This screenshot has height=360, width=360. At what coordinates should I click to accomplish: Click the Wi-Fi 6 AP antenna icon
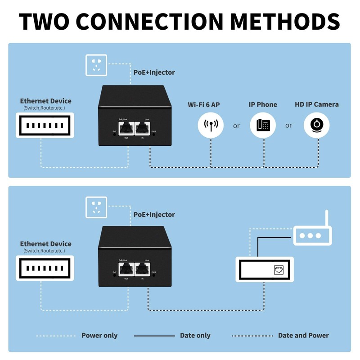point(211,125)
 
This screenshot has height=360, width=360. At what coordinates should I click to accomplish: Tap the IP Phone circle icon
point(263,125)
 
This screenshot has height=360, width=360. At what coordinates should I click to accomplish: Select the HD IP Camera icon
point(317,125)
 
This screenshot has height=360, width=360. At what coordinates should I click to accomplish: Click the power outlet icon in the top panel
point(96,65)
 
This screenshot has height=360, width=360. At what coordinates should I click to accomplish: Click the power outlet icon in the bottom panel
point(96,207)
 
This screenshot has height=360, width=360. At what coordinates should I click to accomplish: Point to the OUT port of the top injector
point(126,129)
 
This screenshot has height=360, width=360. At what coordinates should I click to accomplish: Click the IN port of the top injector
point(142,129)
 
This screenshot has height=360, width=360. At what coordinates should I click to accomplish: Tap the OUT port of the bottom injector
point(126,270)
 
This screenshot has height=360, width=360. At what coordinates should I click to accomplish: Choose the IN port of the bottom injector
point(142,270)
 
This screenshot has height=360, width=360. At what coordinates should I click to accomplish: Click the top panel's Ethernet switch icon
point(45,125)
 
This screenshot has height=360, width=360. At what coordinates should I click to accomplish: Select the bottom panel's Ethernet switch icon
point(45,268)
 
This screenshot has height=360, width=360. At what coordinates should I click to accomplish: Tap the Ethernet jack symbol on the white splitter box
point(279,270)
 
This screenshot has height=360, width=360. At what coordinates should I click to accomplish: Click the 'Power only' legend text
point(99,335)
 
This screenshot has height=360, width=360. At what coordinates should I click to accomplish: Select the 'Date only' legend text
point(195,335)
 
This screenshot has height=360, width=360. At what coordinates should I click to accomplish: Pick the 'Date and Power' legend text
point(303,335)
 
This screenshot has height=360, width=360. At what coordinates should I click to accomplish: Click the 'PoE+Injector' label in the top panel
point(154,72)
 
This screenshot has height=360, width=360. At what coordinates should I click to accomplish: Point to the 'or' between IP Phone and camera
point(289,126)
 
